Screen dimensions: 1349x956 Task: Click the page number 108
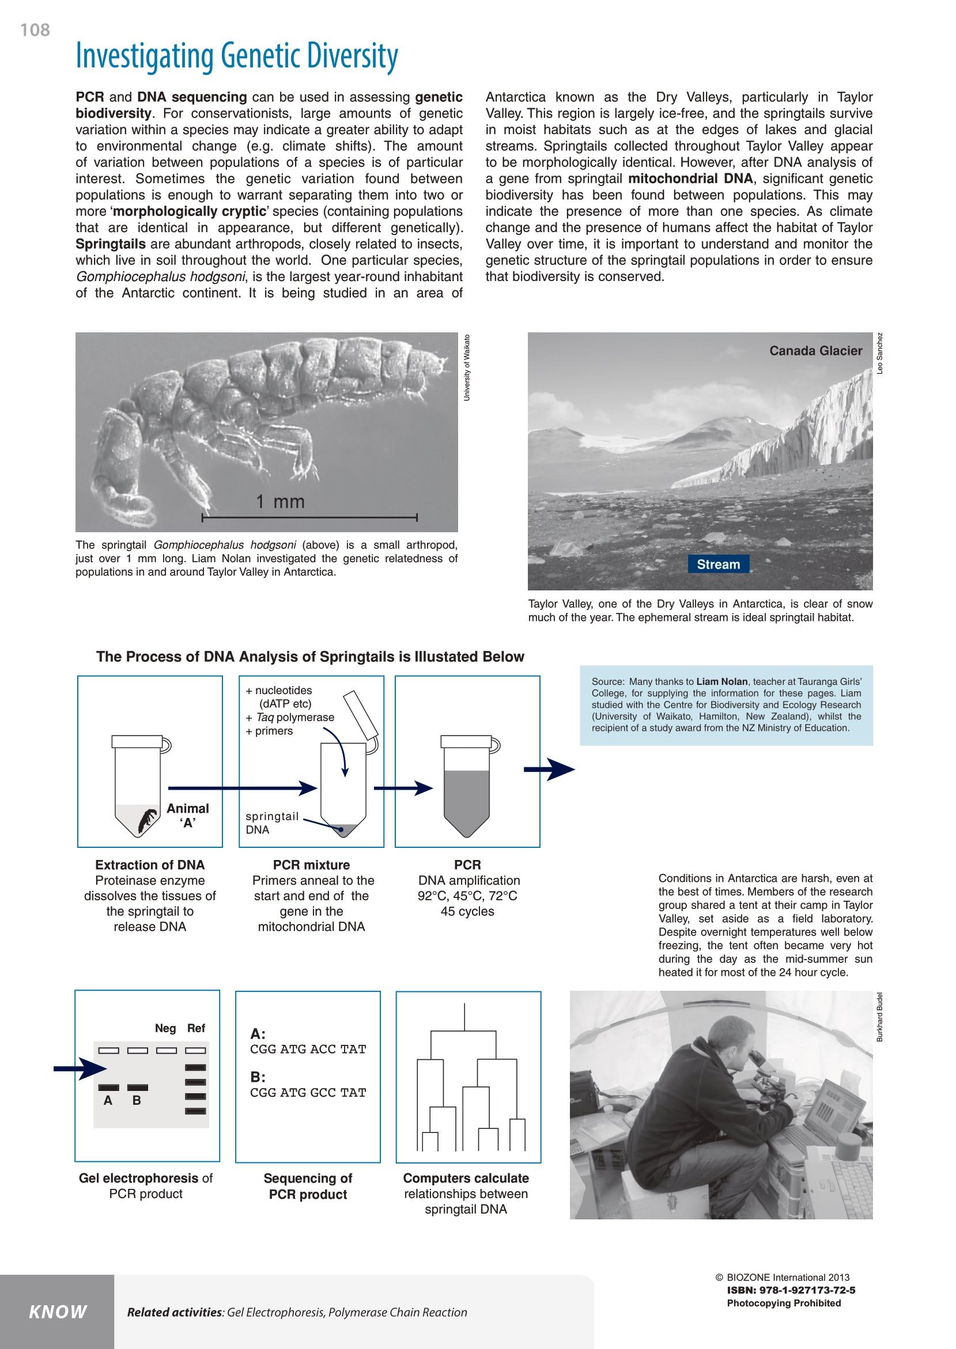pos(35,30)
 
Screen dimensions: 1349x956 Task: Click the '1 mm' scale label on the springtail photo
pos(280,502)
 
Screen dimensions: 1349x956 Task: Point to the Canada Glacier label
pos(815,351)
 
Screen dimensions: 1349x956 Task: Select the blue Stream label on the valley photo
pos(718,564)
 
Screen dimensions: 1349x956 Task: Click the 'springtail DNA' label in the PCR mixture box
pos(271,823)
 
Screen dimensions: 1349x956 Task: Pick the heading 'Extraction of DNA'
pos(149,865)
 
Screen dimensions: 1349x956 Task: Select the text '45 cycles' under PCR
pos(467,911)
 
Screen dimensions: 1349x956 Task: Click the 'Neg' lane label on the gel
pos(165,1028)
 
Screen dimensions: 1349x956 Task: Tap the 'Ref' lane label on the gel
pos(196,1028)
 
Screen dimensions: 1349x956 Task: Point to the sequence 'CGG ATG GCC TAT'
pos(308,1093)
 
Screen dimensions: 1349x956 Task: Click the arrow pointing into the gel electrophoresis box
pos(80,1068)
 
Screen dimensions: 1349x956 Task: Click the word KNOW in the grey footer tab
pos(58,1312)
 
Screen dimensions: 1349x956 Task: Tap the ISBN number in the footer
pos(791,1290)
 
